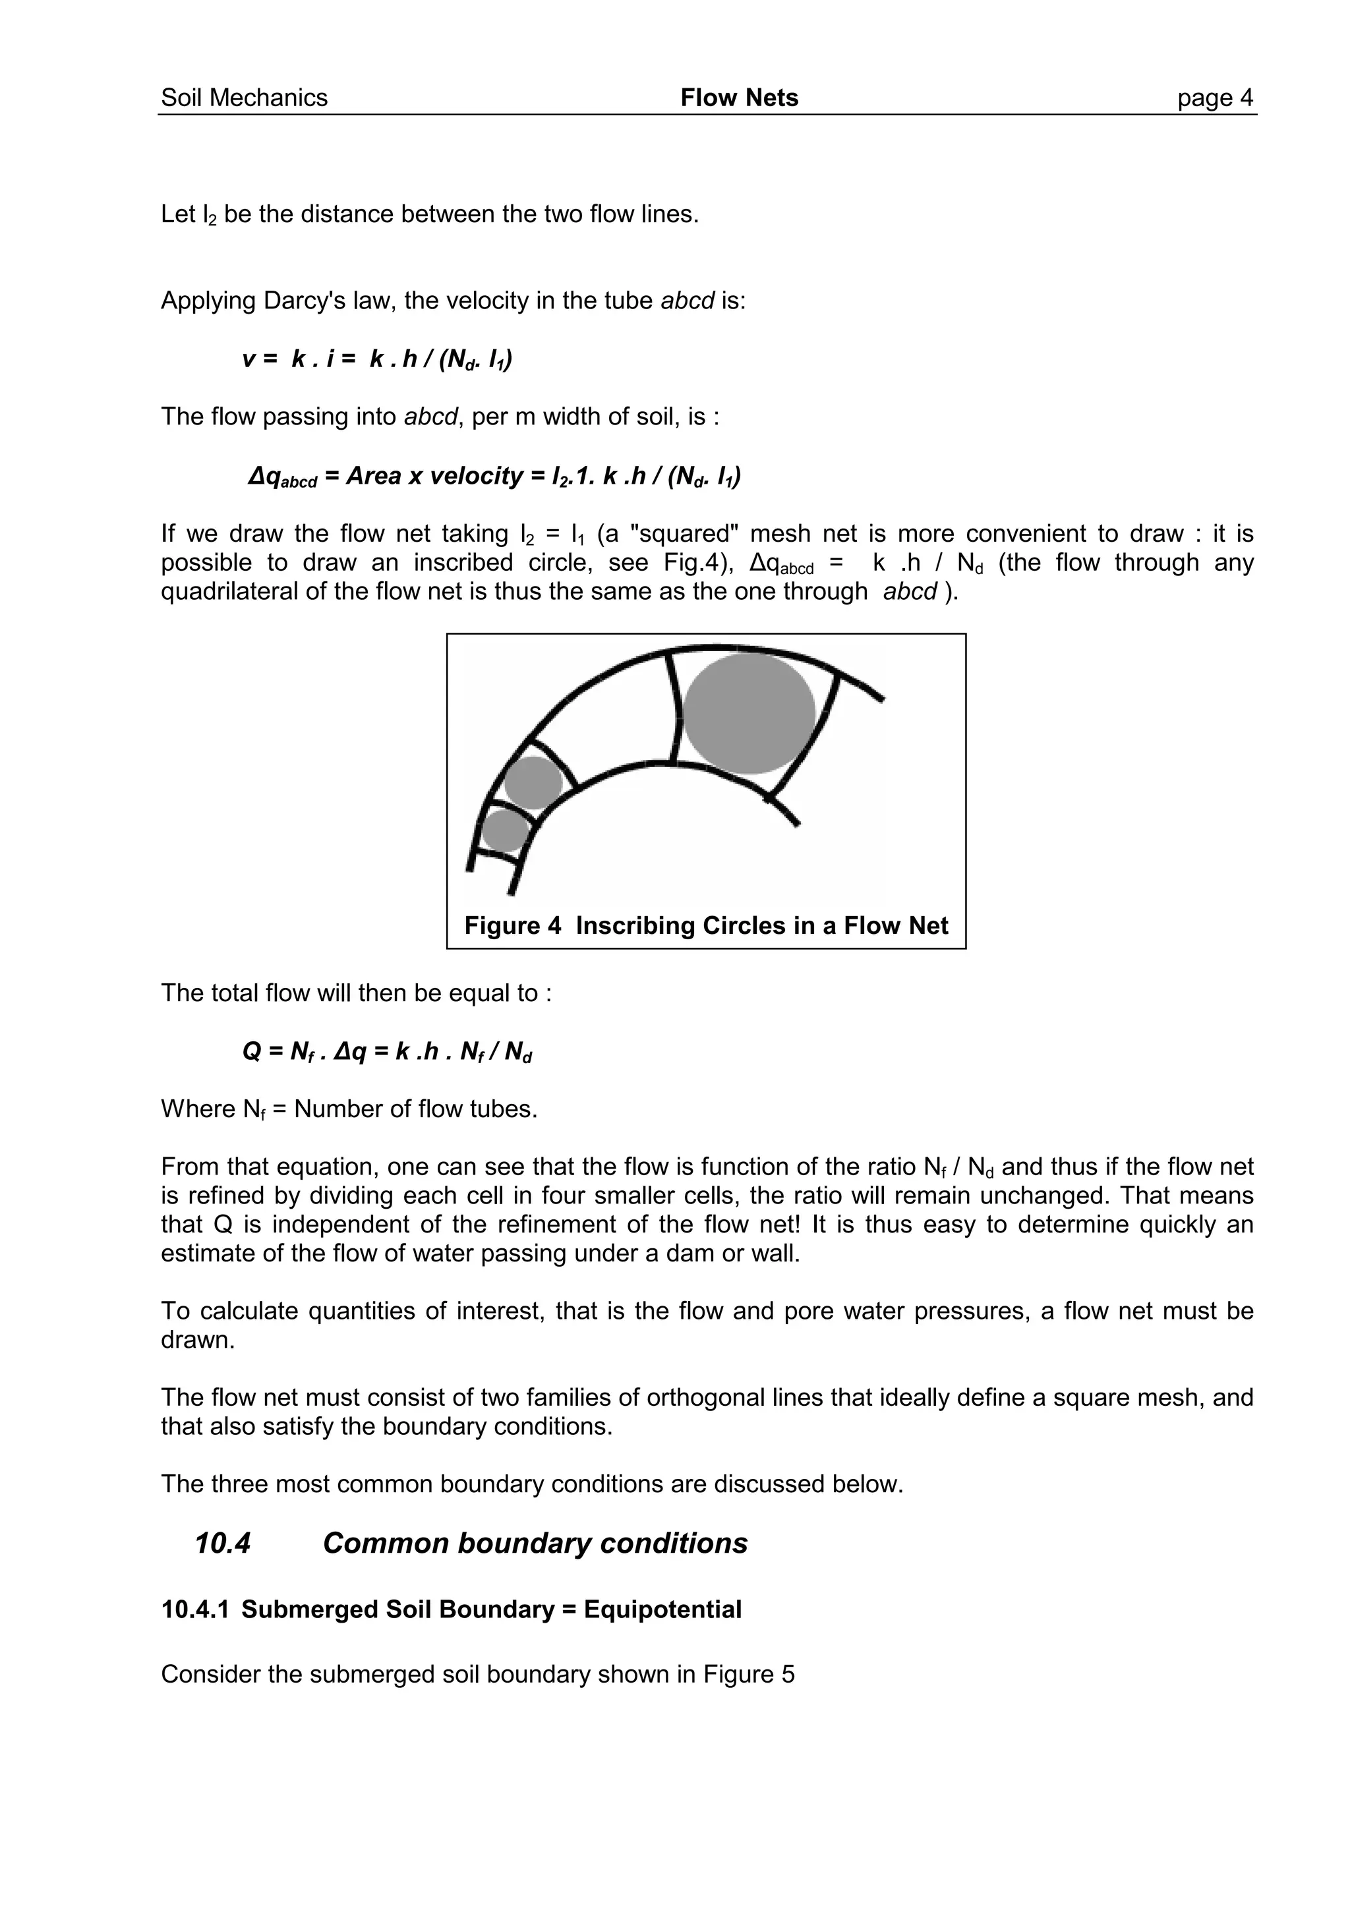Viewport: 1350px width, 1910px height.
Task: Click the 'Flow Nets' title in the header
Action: click(739, 98)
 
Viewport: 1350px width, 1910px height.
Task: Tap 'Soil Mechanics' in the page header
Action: click(244, 98)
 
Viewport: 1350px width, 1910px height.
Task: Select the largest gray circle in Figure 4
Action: click(749, 714)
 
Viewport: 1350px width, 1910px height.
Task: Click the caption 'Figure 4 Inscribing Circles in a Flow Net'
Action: click(705, 926)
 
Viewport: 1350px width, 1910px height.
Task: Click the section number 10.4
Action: click(222, 1543)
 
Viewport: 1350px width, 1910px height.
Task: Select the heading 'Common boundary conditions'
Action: click(535, 1543)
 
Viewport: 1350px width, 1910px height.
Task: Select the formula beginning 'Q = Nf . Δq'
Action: click(387, 1053)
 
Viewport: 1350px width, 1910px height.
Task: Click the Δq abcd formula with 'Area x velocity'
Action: click(495, 477)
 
